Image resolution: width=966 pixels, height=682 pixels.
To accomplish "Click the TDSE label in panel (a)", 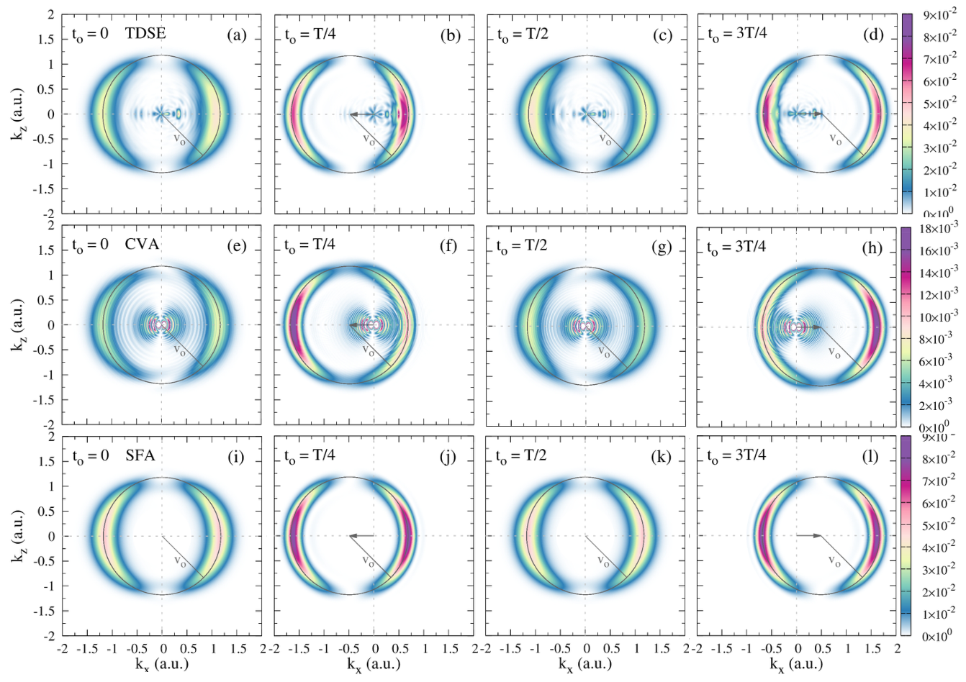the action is (145, 34).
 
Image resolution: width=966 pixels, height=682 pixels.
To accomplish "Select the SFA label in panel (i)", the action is (140, 455).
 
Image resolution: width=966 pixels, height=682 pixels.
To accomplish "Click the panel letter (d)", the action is (873, 35).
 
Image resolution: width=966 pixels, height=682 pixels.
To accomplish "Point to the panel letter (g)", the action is (662, 247).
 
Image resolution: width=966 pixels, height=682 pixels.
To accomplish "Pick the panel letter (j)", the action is (448, 458).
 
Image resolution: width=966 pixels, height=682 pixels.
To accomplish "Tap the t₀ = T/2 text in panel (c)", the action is (523, 35).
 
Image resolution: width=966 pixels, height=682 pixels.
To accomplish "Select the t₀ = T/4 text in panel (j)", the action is (310, 456).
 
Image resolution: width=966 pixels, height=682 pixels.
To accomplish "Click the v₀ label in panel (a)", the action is (179, 140).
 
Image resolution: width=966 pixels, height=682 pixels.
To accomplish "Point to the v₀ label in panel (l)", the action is (835, 561).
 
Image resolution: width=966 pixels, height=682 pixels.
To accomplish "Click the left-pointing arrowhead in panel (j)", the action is (352, 536).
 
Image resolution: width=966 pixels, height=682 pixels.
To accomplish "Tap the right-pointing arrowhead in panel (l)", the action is (817, 536).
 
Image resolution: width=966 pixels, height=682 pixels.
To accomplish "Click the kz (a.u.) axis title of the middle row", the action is (18, 326).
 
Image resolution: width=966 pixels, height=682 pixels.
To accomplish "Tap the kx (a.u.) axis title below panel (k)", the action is (585, 664).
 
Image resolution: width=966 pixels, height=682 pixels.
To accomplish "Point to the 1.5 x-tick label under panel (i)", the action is (238, 649).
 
